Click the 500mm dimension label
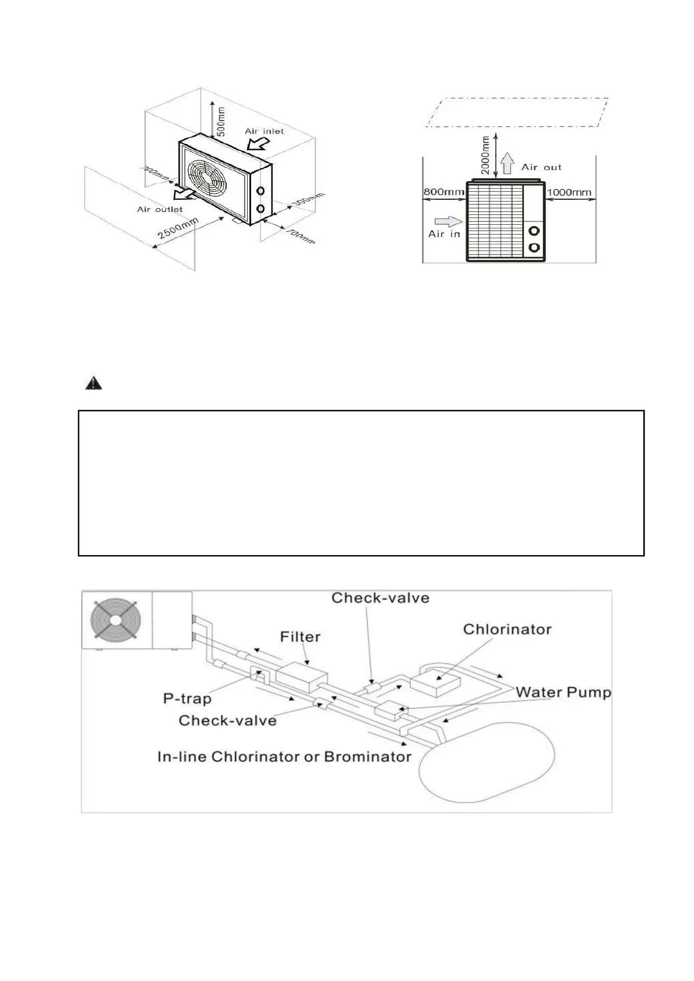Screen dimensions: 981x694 coord(221,121)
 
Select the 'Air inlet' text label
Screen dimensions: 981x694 coord(265,131)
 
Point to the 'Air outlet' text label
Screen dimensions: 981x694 coord(160,209)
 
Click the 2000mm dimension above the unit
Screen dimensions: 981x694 coord(486,155)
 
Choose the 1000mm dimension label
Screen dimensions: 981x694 coord(569,192)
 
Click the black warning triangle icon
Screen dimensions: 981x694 coord(94,383)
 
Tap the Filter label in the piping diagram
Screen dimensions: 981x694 coord(300,637)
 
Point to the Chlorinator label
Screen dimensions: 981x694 coord(507,629)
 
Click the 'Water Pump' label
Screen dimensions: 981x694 coord(563,692)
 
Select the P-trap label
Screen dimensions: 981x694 coord(187,698)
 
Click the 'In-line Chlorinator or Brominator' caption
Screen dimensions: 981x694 coord(284,757)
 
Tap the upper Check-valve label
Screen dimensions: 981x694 coord(380,598)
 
